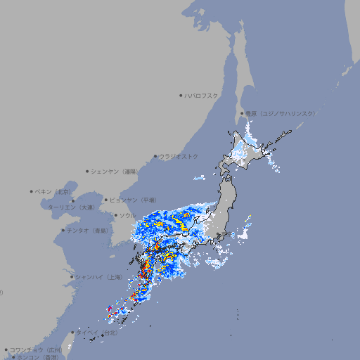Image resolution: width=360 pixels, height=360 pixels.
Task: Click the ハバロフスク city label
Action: [202, 95]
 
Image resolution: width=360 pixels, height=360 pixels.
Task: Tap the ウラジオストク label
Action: [179, 156]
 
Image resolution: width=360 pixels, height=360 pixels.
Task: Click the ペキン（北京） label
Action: [54, 191]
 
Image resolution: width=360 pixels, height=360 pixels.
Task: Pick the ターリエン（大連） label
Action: [71, 207]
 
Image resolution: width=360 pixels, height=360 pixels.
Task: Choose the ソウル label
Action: [127, 215]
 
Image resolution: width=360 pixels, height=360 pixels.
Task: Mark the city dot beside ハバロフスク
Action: [181, 95]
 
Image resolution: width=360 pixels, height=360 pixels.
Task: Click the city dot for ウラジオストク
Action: [155, 156]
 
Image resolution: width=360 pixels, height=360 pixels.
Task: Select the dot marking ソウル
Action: [115, 215]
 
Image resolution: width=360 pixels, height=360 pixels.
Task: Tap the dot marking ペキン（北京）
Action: [32, 191]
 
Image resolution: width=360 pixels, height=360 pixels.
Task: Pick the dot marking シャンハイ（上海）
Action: [72, 277]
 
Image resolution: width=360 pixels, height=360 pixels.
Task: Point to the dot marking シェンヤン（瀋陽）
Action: [88, 171]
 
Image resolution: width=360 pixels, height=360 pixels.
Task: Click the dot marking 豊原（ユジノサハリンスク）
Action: [243, 113]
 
